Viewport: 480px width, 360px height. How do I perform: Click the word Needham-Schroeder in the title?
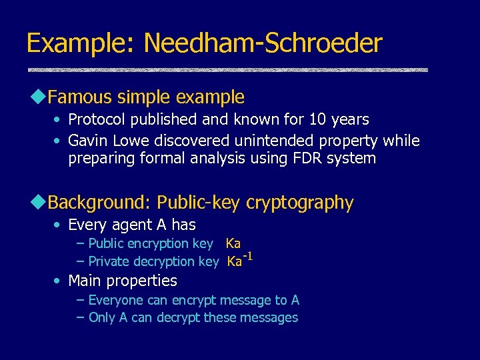[263, 44]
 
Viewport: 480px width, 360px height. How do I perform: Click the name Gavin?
[88, 141]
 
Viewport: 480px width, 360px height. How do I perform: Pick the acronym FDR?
[306, 159]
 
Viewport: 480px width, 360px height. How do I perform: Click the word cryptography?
[300, 203]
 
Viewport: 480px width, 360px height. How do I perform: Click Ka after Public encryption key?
[233, 244]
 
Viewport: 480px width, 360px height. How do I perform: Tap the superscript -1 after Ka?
[247, 257]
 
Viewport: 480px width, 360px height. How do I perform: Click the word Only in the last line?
[101, 317]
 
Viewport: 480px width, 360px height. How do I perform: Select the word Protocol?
[94, 120]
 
